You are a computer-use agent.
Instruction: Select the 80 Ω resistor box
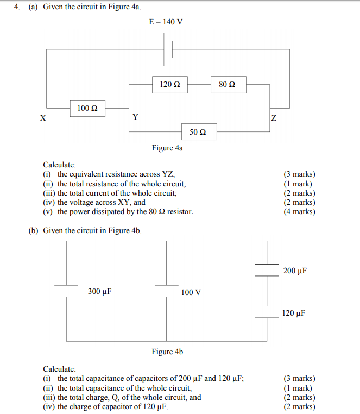(x=227, y=84)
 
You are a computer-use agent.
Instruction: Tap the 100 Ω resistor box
(x=87, y=108)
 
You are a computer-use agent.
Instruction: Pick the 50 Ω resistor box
(x=198, y=132)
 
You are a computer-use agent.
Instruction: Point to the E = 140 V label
(x=166, y=22)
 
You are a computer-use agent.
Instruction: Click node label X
(x=42, y=118)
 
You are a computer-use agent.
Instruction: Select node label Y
(x=135, y=117)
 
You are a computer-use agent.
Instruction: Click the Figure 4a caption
(x=167, y=148)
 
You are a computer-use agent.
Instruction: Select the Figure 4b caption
(x=167, y=352)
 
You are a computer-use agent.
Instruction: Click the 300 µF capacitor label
(x=99, y=292)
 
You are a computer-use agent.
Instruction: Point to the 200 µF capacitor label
(x=295, y=271)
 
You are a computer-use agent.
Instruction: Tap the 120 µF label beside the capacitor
(x=294, y=313)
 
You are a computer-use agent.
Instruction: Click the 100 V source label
(x=191, y=292)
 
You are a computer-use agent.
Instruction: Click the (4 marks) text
(x=299, y=211)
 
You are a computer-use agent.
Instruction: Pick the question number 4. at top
(x=17, y=7)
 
